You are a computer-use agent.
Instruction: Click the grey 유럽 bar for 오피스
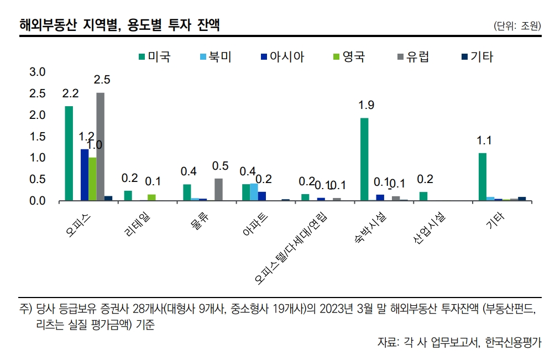[x=100, y=147]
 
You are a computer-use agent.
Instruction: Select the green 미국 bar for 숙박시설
[x=364, y=159]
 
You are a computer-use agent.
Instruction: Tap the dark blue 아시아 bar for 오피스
[x=85, y=175]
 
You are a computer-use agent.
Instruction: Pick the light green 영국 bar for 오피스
[x=92, y=179]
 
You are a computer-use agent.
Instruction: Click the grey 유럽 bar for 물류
[x=218, y=189]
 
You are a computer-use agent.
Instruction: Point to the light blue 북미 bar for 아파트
[x=254, y=192]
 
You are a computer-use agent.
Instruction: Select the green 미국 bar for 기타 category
[x=483, y=176]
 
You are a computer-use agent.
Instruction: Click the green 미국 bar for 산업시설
[x=423, y=196]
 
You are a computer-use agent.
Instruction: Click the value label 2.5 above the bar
[x=102, y=80]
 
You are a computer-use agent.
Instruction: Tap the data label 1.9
[x=366, y=105]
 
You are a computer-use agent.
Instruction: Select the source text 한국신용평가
[x=514, y=342]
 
